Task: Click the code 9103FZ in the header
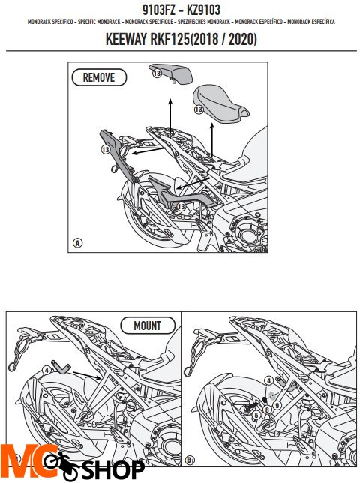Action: (158, 10)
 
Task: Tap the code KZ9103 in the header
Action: (203, 10)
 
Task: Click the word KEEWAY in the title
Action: (126, 40)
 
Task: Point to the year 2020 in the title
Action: (241, 40)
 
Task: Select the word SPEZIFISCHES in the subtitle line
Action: (192, 22)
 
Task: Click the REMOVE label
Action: (99, 77)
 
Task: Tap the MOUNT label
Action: (147, 325)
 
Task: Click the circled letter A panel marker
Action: (77, 243)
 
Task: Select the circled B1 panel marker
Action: (190, 460)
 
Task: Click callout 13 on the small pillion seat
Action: (157, 73)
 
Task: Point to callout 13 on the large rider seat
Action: (199, 109)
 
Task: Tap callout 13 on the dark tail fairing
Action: (105, 149)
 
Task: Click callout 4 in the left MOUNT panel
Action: (46, 370)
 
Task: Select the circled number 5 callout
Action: (256, 415)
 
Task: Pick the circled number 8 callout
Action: (267, 409)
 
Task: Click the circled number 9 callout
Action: (277, 405)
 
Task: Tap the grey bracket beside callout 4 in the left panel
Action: (61, 367)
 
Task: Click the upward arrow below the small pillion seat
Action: (170, 116)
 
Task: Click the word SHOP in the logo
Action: (112, 470)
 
